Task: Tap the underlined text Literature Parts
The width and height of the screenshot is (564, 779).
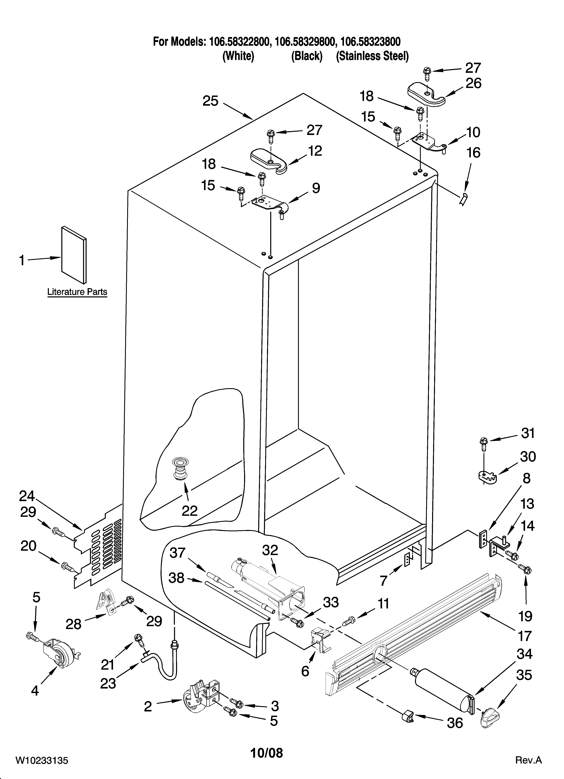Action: coord(77,292)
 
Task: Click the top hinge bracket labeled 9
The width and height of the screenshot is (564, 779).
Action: coord(270,205)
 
